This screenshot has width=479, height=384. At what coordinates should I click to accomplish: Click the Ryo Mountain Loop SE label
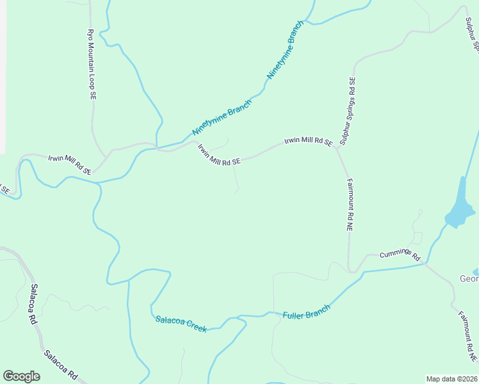click(91, 63)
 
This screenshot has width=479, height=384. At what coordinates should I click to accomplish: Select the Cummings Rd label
click(400, 254)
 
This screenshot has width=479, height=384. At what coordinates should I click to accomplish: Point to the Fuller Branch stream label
click(307, 312)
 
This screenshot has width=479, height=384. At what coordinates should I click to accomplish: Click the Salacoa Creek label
click(181, 324)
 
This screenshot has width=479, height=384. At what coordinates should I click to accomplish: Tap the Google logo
click(21, 376)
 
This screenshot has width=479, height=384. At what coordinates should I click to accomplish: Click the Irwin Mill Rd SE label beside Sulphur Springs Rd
click(309, 141)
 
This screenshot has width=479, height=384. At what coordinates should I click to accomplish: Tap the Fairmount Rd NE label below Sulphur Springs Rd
click(350, 205)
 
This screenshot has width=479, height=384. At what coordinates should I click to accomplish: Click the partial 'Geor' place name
click(469, 278)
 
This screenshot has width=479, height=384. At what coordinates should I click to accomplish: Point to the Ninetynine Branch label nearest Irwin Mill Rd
click(222, 117)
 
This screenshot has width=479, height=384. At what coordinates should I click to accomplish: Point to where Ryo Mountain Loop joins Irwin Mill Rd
click(106, 156)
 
